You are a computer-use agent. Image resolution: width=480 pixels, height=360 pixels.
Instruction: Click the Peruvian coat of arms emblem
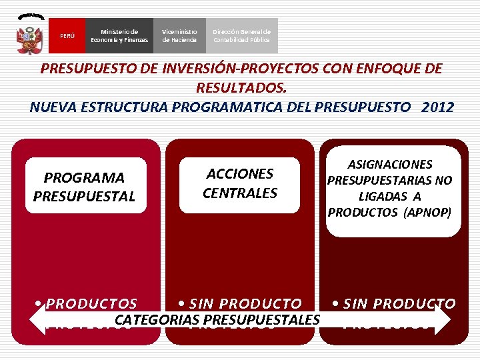[x=29, y=35]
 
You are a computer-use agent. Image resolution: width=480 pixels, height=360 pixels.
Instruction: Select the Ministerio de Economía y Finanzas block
[x=120, y=36]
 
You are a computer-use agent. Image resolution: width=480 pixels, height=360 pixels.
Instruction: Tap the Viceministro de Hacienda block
[x=179, y=36]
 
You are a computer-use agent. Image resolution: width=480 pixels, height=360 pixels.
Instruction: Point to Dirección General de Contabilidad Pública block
[x=241, y=36]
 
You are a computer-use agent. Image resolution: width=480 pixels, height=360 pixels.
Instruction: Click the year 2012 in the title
[x=437, y=107]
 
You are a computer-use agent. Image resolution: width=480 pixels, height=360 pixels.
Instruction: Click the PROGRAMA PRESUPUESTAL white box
[x=85, y=187]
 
